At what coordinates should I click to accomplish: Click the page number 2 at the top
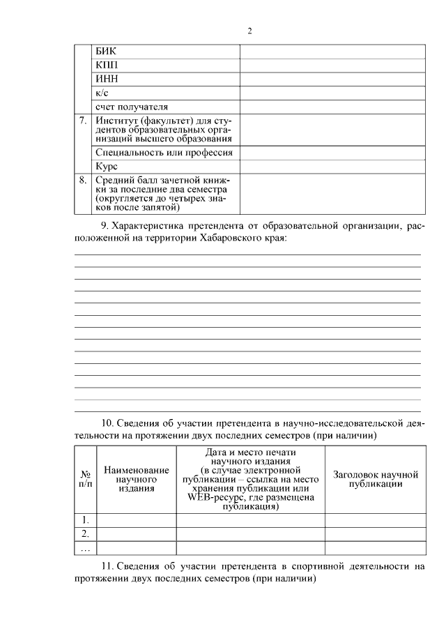(x=249, y=31)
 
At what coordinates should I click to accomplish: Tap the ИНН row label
(x=107, y=79)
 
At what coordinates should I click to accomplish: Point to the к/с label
(x=102, y=93)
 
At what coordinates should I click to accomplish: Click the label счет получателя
(x=132, y=107)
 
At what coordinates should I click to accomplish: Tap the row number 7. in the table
(x=83, y=120)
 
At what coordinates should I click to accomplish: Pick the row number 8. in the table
(x=83, y=179)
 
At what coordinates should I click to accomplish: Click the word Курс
(x=107, y=167)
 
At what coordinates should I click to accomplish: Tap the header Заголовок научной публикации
(x=375, y=479)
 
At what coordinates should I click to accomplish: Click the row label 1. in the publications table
(x=85, y=519)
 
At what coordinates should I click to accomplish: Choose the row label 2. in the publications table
(x=85, y=533)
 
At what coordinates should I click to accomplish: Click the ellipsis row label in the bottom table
(x=85, y=548)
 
